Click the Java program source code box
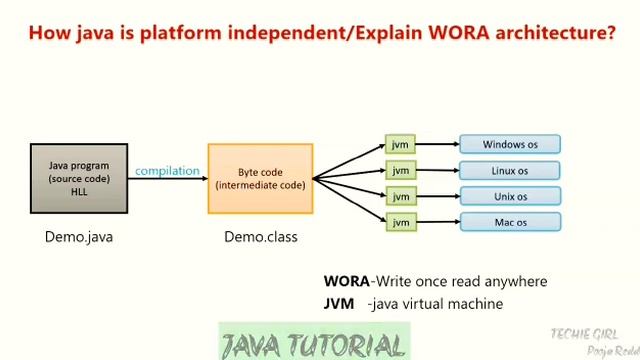(x=79, y=178)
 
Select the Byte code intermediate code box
(x=260, y=178)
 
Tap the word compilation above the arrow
(x=167, y=171)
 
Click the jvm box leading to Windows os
(x=400, y=144)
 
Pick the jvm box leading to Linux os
(x=400, y=170)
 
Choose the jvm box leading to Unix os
(x=400, y=196)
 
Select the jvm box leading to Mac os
(x=400, y=222)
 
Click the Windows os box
(x=510, y=144)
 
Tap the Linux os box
(x=510, y=170)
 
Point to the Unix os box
(x=510, y=196)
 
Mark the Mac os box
(x=510, y=222)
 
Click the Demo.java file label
(x=79, y=237)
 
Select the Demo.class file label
(x=260, y=237)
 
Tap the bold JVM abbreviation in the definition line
(x=338, y=303)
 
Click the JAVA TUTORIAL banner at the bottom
(x=313, y=344)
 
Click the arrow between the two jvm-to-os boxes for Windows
(x=437, y=144)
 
